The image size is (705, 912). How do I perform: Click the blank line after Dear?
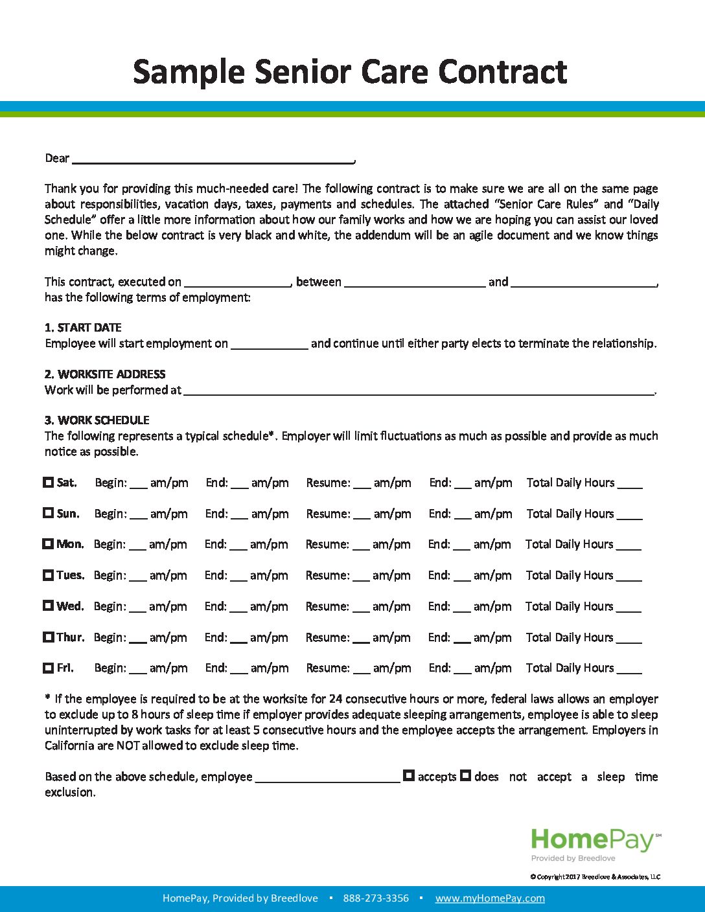213,158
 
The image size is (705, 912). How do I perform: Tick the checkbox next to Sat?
49,483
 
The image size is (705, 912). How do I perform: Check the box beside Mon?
48,544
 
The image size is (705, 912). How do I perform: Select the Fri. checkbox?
49,668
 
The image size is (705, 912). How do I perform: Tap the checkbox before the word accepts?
409,775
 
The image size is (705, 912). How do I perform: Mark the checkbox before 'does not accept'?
465,775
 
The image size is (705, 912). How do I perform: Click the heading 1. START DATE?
83,328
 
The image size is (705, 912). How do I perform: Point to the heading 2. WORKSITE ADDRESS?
105,374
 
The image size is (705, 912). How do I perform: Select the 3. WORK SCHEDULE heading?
97,420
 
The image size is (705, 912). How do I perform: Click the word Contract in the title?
503,72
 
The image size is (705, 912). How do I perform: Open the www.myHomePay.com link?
490,898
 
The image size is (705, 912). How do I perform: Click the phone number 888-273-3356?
376,898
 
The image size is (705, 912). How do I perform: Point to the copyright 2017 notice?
595,877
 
